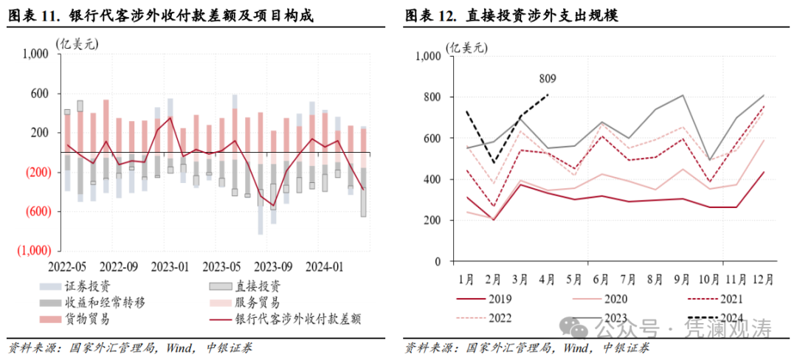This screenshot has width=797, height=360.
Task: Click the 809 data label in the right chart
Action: (548, 79)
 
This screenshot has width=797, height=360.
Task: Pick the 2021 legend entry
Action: (728, 300)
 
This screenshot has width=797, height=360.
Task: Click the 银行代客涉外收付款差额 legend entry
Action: (298, 319)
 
